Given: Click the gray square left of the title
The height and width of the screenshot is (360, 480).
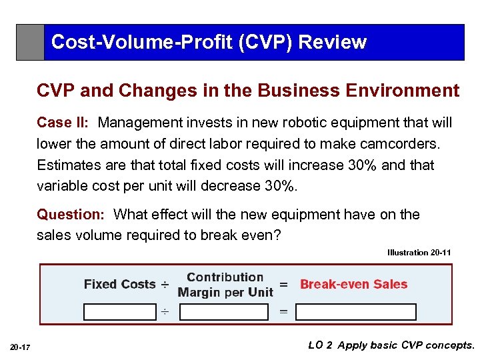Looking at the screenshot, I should click(x=30, y=43).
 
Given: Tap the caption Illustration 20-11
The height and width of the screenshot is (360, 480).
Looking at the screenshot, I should click(x=419, y=253).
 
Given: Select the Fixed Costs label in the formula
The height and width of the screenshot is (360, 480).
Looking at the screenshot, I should click(x=119, y=284).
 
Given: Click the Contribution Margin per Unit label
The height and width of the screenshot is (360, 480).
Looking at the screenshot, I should click(x=225, y=285).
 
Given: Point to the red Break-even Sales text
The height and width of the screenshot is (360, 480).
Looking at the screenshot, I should click(x=353, y=284).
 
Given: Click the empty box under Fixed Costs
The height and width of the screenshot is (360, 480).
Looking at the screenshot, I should click(x=119, y=311).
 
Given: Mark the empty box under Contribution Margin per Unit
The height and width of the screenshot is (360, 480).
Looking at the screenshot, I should click(x=224, y=311).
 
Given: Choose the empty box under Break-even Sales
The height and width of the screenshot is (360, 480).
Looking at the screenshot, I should click(x=356, y=311).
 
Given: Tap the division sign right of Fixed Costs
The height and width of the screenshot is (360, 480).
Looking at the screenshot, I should click(x=165, y=285).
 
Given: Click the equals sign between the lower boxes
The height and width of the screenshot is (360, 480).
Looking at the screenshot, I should click(x=283, y=311).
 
